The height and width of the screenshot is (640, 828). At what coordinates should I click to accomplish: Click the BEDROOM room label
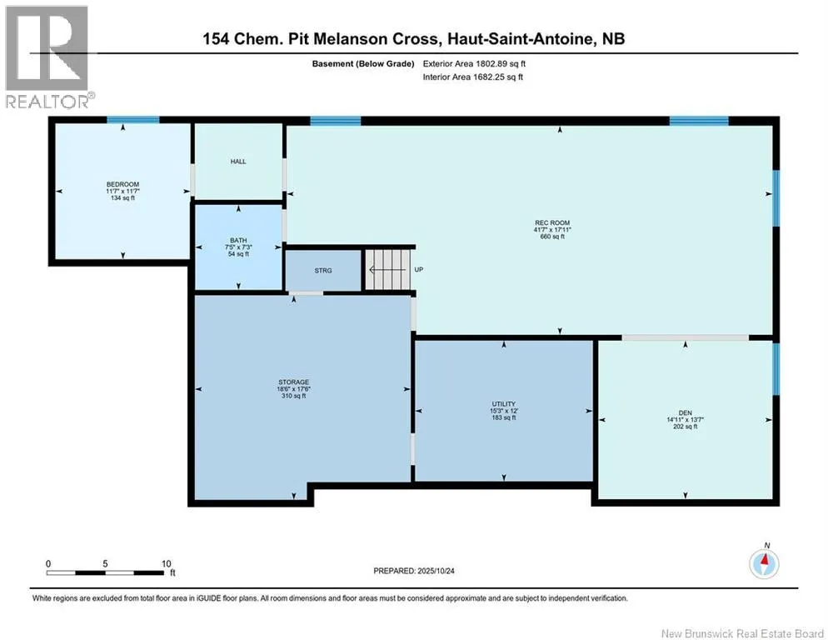tap(122, 184)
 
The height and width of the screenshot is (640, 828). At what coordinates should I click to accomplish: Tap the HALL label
tap(238, 162)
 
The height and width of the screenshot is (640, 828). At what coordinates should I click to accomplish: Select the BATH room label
tap(238, 241)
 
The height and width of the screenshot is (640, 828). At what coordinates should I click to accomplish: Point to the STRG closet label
tap(323, 271)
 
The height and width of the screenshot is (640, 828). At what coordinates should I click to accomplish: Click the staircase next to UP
tap(388, 269)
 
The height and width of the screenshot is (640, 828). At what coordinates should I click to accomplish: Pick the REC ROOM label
tap(552, 223)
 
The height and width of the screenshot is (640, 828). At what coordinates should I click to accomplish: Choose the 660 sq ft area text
tap(552, 237)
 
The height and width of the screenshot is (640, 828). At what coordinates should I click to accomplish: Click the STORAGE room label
tap(293, 382)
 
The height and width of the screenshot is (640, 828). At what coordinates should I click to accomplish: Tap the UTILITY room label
tap(504, 404)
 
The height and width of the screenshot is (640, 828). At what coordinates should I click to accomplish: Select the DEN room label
tap(686, 413)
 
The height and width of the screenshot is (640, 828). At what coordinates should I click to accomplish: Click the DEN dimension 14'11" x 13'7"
tap(686, 420)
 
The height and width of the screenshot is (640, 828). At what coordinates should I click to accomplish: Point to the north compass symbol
tap(764, 562)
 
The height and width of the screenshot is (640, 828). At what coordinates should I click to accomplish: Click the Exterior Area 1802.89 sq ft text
tap(474, 64)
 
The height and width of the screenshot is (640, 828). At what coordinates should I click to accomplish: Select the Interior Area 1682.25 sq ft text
tap(473, 77)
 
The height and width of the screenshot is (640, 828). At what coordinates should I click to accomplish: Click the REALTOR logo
tap(50, 57)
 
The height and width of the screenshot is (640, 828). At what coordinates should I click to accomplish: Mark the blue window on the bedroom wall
tap(133, 120)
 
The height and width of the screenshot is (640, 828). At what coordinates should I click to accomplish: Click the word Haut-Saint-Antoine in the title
tap(520, 39)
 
